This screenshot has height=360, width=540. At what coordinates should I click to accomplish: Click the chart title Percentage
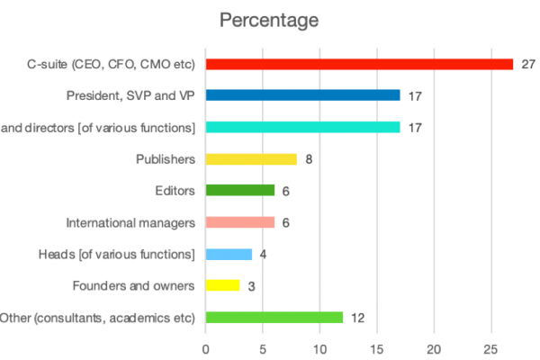[x=269, y=19]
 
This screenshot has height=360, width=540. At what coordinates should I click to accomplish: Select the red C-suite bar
[x=359, y=64]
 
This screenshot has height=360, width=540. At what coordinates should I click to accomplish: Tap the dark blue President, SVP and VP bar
[x=302, y=95]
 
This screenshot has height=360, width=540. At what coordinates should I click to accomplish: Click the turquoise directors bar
[x=302, y=127]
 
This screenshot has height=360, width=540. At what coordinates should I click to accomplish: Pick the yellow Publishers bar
[x=251, y=159]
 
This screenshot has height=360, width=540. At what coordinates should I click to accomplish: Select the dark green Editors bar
[x=239, y=191]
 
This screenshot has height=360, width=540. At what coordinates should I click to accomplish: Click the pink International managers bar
[x=239, y=222]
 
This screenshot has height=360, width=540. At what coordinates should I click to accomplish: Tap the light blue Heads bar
[x=229, y=255]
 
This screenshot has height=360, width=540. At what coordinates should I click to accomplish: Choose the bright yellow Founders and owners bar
[x=222, y=286]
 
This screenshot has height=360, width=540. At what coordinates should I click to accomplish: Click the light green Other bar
[x=274, y=318]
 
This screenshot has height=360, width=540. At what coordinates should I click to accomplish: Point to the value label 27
[x=528, y=64]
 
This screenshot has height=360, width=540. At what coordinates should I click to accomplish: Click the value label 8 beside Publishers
[x=309, y=159]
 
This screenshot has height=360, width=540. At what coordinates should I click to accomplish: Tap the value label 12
[x=357, y=318]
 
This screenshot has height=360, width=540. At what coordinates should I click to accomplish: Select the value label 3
[x=252, y=286]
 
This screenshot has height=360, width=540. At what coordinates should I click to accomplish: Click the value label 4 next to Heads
[x=264, y=255]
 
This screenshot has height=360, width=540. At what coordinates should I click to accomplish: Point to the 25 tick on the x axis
[x=491, y=346]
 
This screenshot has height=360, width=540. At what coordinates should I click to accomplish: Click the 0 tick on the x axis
[x=206, y=346]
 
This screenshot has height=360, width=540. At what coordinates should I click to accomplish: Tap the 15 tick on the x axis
[x=377, y=346]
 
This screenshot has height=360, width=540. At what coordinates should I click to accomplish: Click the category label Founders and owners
[x=133, y=286]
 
